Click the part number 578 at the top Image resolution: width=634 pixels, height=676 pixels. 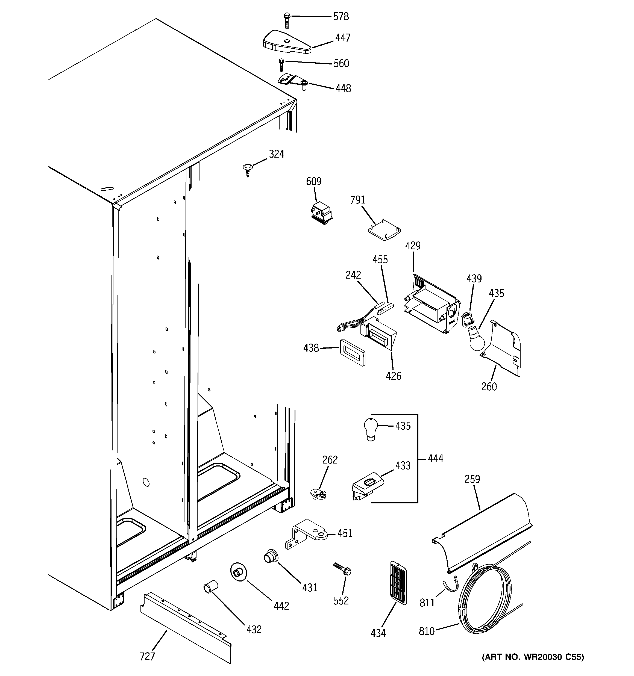pyautogui.click(x=341, y=17)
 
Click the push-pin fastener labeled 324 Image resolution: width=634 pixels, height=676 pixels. pyautogui.click(x=247, y=169)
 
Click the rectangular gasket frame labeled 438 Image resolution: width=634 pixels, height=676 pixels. pyautogui.click(x=352, y=352)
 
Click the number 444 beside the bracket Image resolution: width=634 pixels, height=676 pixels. pyautogui.click(x=435, y=459)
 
